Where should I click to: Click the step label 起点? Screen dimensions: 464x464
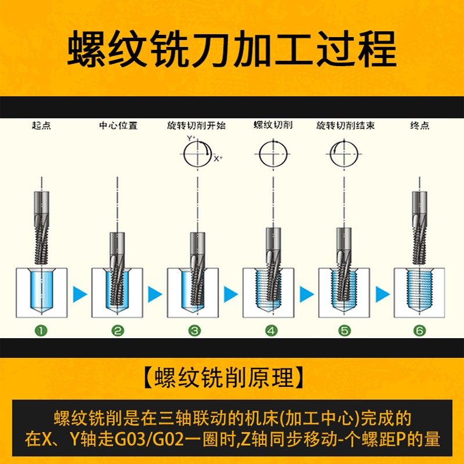coord(41,125)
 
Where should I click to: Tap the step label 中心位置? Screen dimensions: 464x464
coord(118,125)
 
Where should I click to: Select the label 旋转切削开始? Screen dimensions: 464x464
coord(194,125)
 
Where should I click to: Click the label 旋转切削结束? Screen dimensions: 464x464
coord(345,125)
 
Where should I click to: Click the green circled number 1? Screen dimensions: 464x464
coord(41,331)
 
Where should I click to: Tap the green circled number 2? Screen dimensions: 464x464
coord(118,331)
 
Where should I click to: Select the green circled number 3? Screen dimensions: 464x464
coord(195,331)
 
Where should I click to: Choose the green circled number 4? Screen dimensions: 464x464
coord(271,331)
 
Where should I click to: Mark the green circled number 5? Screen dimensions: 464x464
coord(345,331)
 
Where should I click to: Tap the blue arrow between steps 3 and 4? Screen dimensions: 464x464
coord(231,294)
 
